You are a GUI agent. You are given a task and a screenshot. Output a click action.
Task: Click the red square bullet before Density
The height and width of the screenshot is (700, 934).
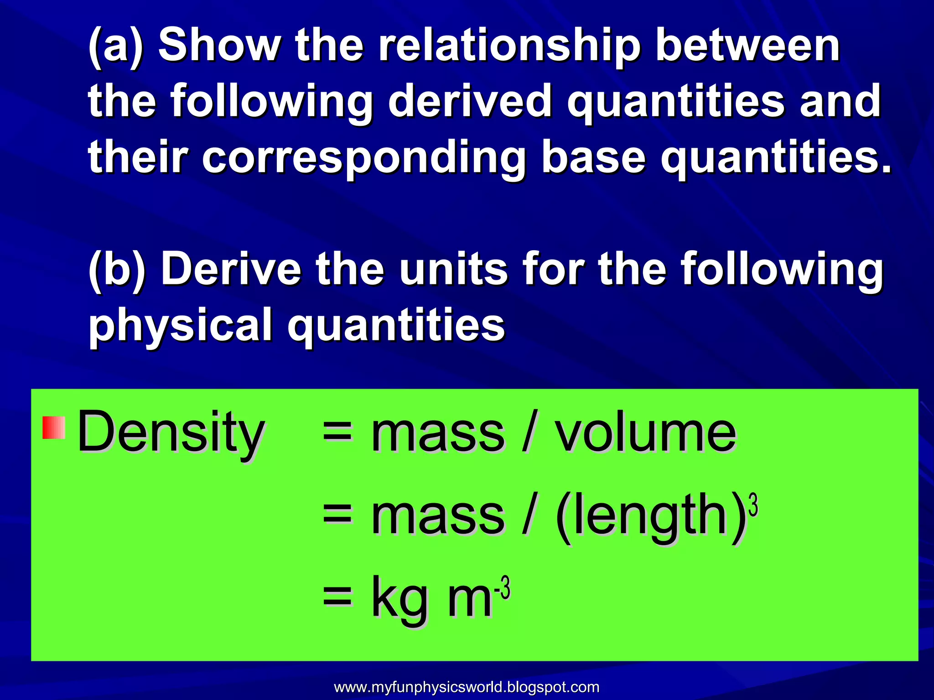click(x=54, y=427)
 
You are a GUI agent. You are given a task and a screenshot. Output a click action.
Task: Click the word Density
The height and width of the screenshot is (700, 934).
click(x=171, y=432)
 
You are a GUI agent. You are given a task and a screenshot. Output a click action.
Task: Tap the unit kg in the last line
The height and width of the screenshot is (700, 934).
click(x=400, y=598)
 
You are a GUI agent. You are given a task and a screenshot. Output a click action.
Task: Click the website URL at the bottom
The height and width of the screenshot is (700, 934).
click(x=467, y=687)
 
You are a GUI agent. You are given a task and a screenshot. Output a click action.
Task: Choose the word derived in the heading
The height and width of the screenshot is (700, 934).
click(x=470, y=101)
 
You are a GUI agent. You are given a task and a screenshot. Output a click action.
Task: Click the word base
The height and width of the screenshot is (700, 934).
click(x=593, y=158)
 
